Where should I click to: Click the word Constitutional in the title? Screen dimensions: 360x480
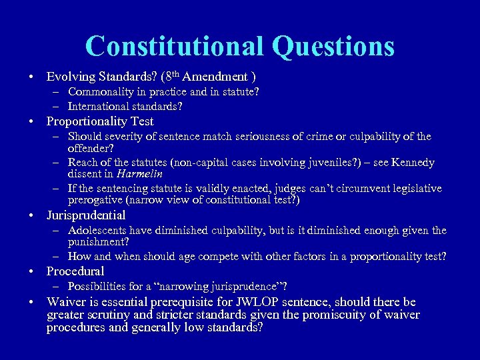click(173, 47)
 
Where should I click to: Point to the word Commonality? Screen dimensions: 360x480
click(101, 92)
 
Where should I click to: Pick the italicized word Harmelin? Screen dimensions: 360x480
click(142, 174)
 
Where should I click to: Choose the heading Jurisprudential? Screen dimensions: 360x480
click(86, 215)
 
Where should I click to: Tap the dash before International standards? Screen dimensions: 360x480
click(57, 107)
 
